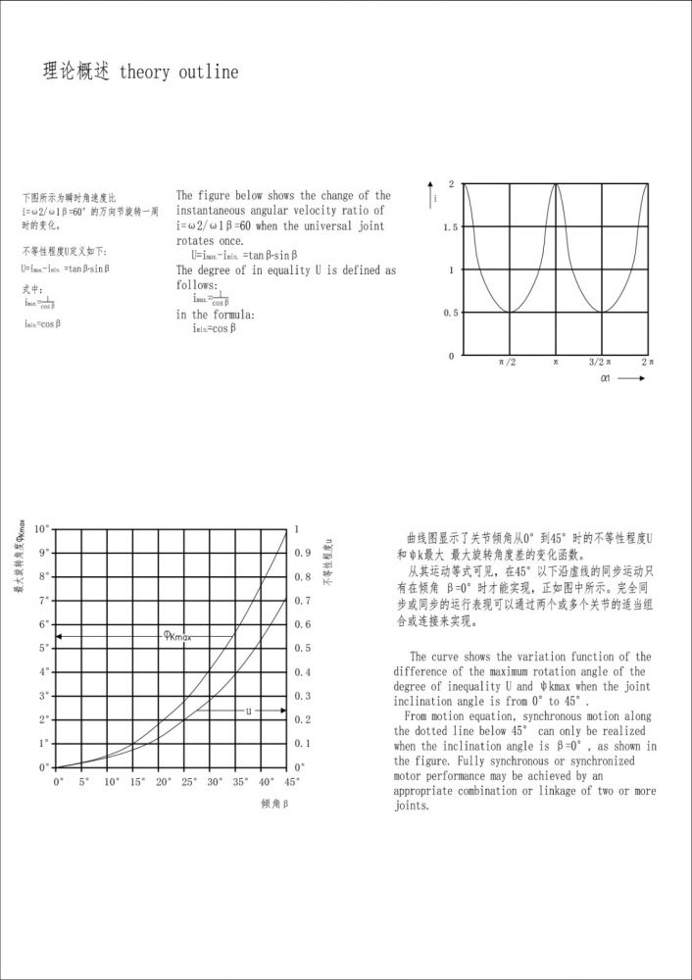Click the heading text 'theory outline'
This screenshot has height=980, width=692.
[178, 73]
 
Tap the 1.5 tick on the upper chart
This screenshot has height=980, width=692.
[450, 227]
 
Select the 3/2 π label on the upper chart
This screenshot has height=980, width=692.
[600, 362]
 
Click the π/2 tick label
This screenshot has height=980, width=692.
[508, 362]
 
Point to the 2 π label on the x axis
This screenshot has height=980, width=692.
[647, 362]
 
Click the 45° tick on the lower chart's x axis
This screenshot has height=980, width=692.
[291, 782]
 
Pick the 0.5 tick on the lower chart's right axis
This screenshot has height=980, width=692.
[304, 648]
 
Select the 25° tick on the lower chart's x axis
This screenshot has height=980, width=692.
[188, 782]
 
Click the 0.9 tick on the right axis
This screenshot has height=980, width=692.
[304, 553]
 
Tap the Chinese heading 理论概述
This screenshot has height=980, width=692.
[76, 73]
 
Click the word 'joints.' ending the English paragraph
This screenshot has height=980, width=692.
[412, 806]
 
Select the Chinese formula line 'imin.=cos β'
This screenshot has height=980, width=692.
[43, 323]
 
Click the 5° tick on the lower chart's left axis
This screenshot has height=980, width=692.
[44, 648]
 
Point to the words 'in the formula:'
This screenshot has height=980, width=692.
[216, 315]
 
